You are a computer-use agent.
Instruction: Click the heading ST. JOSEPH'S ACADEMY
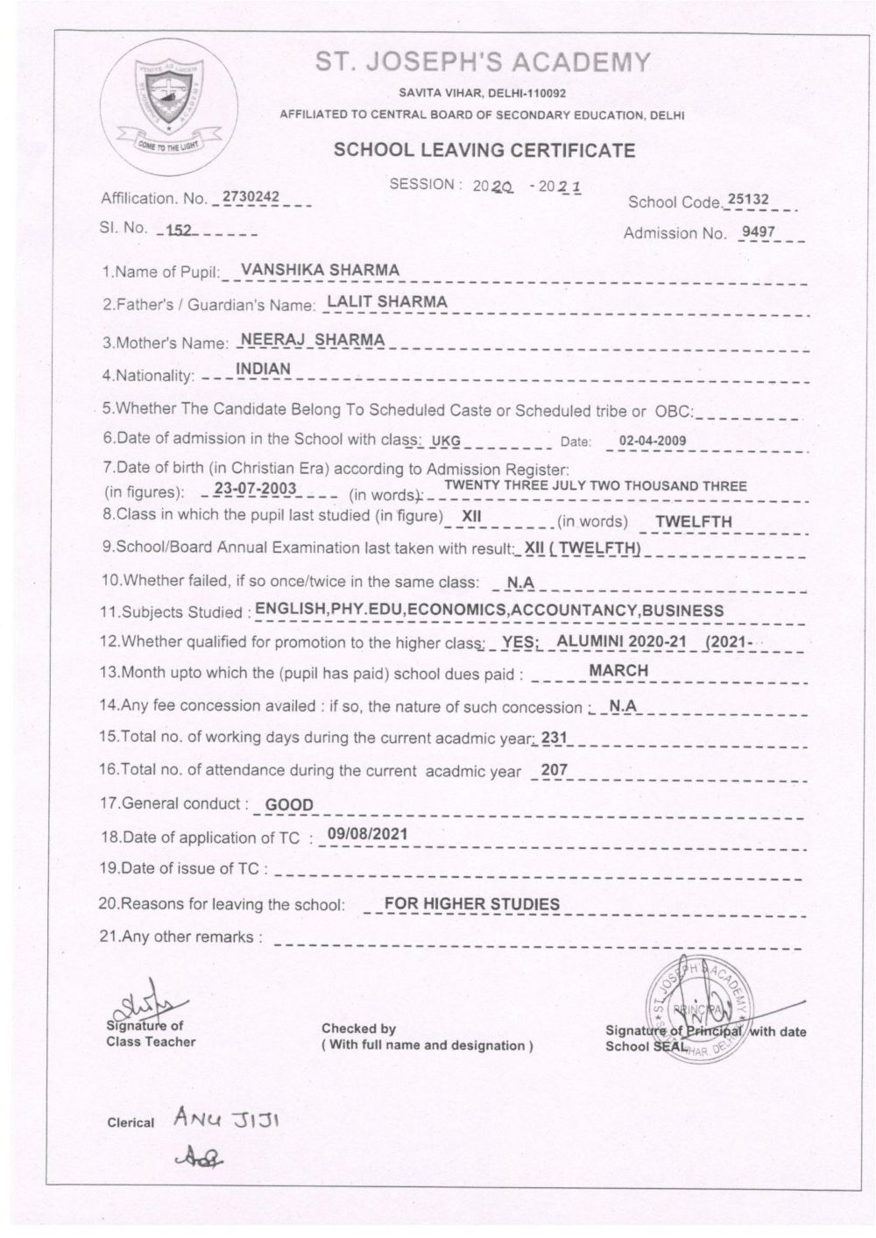[x=483, y=63]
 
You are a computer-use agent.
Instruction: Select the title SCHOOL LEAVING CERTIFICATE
[x=484, y=150]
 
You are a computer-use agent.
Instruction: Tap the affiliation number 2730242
[x=251, y=197]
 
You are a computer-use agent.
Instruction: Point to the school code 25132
[x=748, y=200]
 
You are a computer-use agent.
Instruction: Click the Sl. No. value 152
[x=180, y=230]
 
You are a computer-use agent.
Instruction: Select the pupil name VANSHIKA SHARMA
[x=319, y=270]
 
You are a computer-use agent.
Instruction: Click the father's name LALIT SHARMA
[x=385, y=301]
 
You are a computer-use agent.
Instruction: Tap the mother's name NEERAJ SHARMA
[x=312, y=339]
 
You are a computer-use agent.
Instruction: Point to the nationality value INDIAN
[x=263, y=369]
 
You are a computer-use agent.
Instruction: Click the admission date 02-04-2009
[x=653, y=441]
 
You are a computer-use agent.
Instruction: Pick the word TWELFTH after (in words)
[x=693, y=521]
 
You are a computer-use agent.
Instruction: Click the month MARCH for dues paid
[x=618, y=670]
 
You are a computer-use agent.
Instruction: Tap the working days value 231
[x=555, y=738]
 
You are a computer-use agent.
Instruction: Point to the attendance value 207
[x=555, y=770]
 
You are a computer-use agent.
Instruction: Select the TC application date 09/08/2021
[x=366, y=833]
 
